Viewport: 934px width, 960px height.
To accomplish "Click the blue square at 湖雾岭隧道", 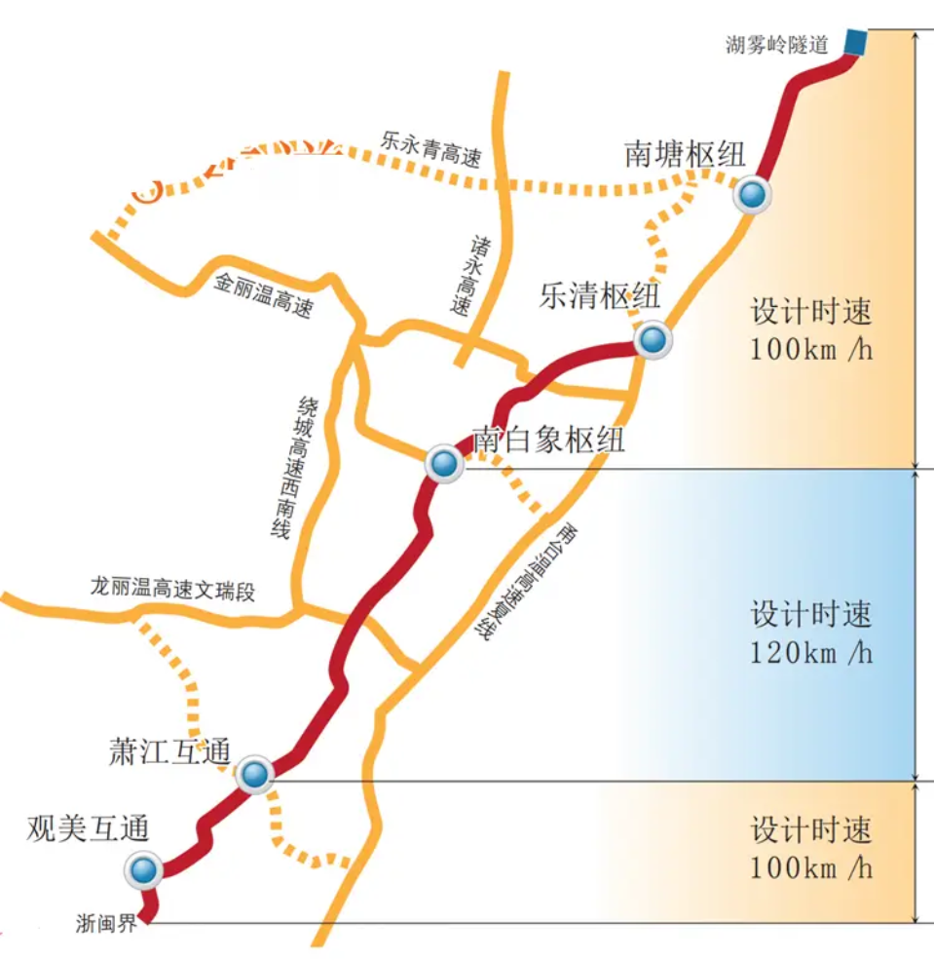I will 855,42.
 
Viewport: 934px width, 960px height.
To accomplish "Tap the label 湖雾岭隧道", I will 776,44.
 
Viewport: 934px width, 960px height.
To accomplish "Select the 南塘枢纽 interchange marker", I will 752,196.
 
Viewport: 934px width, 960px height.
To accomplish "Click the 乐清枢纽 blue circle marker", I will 653,340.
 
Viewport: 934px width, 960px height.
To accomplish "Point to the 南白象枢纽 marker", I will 444,464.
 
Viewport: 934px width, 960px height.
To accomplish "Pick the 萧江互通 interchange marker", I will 255,775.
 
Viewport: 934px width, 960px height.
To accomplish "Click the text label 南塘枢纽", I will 685,155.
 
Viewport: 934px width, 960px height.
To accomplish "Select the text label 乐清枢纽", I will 599,296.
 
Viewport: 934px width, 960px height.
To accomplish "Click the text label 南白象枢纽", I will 548,440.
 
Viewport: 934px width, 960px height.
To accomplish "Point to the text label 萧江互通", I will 170,751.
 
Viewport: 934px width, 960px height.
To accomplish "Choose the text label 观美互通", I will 89,829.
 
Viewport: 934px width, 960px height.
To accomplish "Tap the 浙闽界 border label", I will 107,924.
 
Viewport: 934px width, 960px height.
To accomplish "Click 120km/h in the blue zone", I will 810,652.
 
